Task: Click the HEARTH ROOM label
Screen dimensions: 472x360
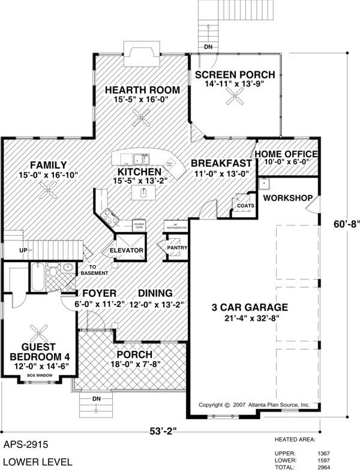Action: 143,90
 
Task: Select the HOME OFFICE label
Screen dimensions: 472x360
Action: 286,154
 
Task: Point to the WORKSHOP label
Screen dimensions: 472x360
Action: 287,198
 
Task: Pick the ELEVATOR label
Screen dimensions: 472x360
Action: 125,250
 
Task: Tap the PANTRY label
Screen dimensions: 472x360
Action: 178,248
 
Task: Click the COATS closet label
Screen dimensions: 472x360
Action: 245,206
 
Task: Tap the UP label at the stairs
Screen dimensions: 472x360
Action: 23,249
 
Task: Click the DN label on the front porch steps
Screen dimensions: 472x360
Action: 97,398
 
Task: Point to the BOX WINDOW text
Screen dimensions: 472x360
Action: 40,375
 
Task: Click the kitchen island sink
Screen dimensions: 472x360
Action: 144,193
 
